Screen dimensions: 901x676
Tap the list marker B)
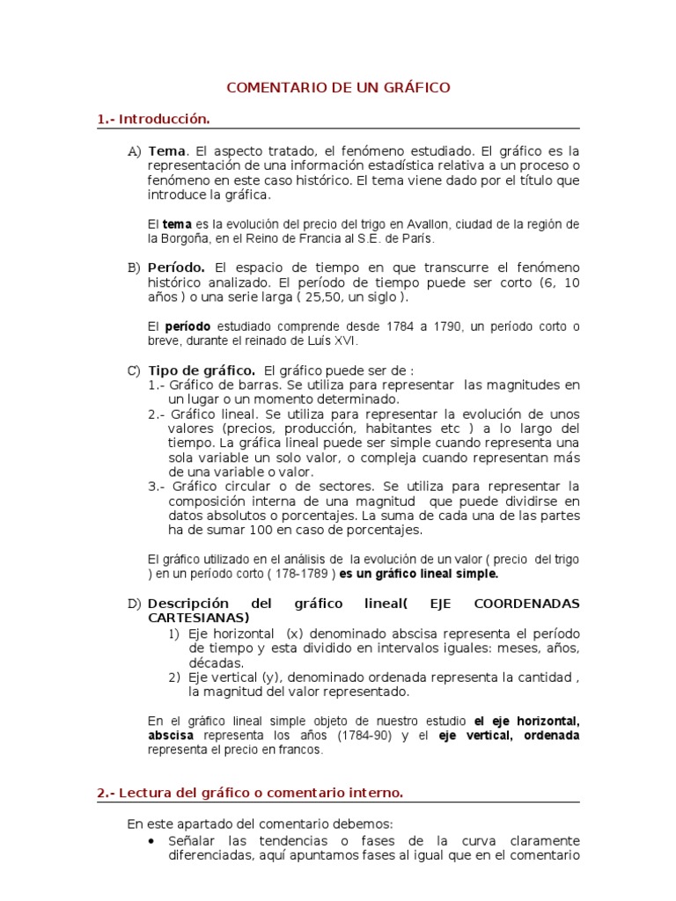pos(134,267)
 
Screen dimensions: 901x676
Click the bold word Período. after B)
pos(177,267)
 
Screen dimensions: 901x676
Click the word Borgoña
pos(188,238)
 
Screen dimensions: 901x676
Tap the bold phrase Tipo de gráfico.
pos(202,370)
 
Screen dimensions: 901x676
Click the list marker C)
pos(134,370)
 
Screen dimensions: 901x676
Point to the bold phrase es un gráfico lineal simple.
pos(419,574)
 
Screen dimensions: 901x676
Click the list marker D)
pos(134,604)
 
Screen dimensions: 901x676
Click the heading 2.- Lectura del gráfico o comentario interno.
pos(250,793)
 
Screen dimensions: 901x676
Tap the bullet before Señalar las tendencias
pos(154,840)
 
